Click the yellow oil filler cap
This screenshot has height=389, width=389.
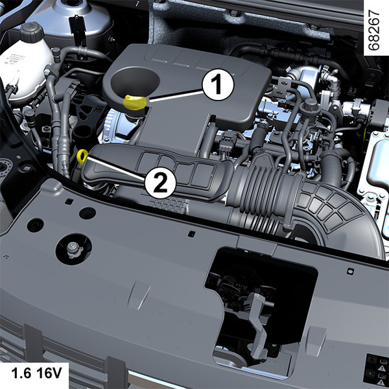(x=135, y=102)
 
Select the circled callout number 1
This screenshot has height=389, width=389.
(x=218, y=84)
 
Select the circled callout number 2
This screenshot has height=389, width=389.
(x=160, y=183)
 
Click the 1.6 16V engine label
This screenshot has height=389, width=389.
(x=36, y=373)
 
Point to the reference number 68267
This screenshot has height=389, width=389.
(x=373, y=30)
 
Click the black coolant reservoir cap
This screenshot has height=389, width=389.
(x=32, y=32)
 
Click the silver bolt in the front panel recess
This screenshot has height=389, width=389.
(x=74, y=248)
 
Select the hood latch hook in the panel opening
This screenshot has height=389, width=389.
(x=258, y=325)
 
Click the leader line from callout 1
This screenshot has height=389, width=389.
(x=176, y=96)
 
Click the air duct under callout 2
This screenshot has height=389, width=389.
(x=159, y=171)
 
